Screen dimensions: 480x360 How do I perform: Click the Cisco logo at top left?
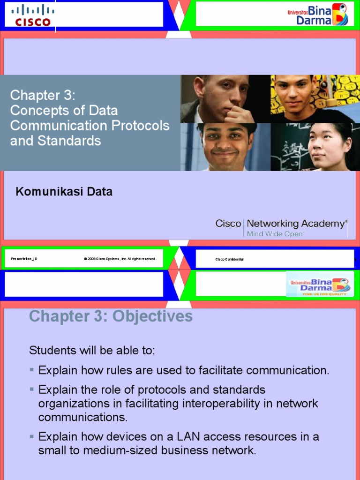point(32,15)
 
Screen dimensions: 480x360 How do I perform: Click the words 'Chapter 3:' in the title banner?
point(43,96)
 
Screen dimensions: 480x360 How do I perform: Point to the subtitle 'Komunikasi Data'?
point(64,192)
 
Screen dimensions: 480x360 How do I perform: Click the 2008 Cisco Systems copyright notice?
point(120,259)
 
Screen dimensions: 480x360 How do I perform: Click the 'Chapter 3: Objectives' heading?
point(111,316)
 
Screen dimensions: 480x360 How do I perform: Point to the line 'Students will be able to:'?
point(92,351)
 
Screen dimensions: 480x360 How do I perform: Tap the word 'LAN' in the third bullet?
point(188,437)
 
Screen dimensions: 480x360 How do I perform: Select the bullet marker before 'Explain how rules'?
point(32,370)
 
